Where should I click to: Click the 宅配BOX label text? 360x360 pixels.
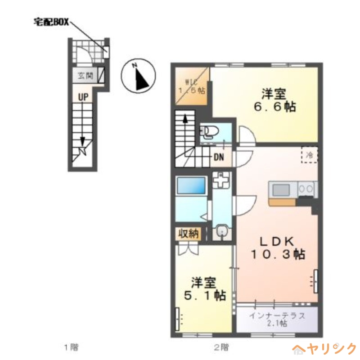coord(51,22)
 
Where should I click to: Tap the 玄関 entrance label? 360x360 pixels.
coord(85,75)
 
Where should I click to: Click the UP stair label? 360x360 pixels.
coord(83,97)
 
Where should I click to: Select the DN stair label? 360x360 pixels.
coord(219,157)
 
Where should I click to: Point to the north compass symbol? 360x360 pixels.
coord(139,76)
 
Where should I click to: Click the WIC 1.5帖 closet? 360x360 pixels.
coord(192,86)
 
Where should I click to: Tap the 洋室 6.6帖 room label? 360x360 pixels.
coord(275,100)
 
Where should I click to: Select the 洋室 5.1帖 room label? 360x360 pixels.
coord(205,289)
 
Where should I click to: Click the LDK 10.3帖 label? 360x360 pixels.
coord(278,248)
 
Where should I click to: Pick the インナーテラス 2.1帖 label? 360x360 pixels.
coord(277,319)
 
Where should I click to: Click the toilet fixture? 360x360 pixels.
coord(209,132)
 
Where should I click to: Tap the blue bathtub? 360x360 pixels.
coord(191,185)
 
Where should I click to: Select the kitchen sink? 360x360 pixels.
coord(281,189)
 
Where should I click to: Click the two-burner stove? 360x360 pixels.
coord(306,189)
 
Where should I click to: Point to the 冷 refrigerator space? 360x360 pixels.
coord(310,155)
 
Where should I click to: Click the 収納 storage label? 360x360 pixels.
coord(189,234)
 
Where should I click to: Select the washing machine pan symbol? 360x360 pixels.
coord(221,180)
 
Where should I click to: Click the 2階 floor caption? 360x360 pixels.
coord(221,347)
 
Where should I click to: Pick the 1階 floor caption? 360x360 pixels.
coord(71,347)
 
